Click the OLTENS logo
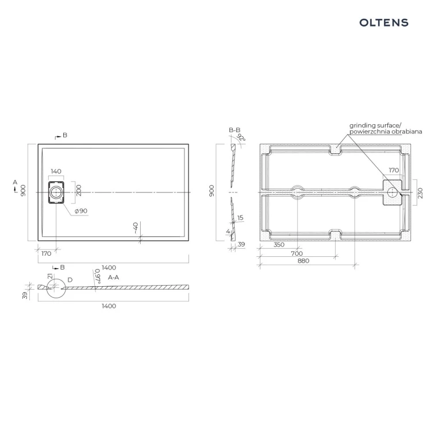pyautogui.click(x=384, y=22)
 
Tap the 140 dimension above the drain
pyautogui.click(x=56, y=171)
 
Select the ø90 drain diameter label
pyautogui.click(x=81, y=211)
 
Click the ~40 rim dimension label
pyautogui.click(x=136, y=228)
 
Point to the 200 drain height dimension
pyautogui.click(x=79, y=190)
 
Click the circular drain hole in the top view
pyautogui.click(x=56, y=192)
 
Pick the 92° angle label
pyautogui.click(x=241, y=137)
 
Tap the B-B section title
pyautogui.click(x=234, y=130)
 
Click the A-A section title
pyautogui.click(x=114, y=278)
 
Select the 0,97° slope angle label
pyautogui.click(x=98, y=276)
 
